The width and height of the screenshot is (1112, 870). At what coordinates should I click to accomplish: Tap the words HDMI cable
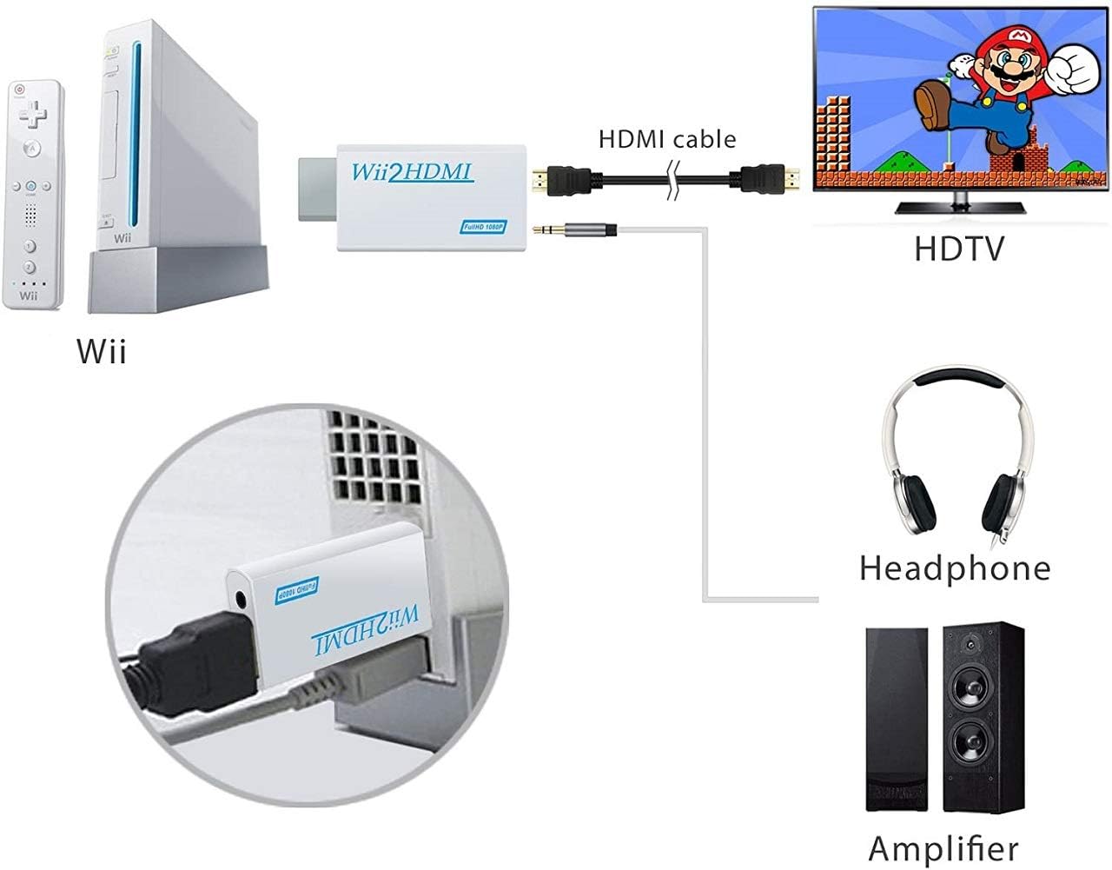[x=667, y=139]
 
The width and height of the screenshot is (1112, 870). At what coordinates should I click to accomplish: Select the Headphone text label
[x=954, y=568]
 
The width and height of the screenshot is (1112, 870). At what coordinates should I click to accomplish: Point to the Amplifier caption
[x=943, y=847]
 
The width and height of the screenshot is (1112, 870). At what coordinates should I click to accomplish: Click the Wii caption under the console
[x=102, y=352]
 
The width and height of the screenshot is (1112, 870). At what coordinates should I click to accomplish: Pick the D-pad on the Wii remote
[x=35, y=113]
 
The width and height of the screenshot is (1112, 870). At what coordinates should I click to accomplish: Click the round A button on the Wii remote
[x=33, y=149]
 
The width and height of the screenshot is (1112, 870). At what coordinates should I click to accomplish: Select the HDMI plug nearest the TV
[x=769, y=181]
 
